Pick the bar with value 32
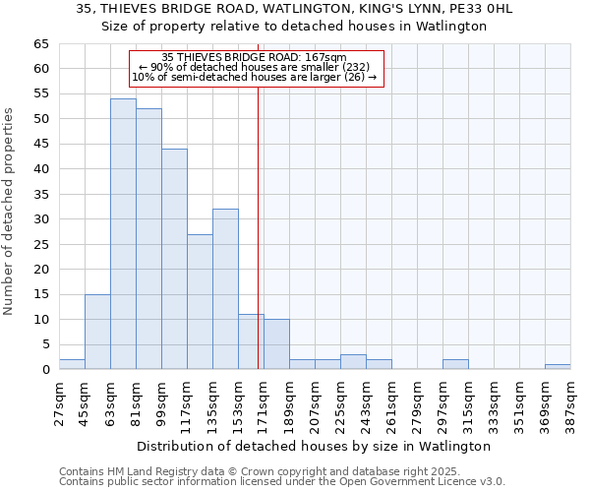point(225,289)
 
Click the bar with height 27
point(200,302)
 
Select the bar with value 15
point(97,332)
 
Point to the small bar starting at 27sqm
point(72,364)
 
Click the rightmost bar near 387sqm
point(558,366)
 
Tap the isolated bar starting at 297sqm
point(455,364)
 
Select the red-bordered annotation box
point(255,68)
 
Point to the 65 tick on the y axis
point(42,44)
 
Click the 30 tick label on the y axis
point(42,219)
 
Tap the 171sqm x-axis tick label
point(264,403)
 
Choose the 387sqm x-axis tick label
point(570,403)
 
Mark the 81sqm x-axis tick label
point(136,403)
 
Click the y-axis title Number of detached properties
point(10,212)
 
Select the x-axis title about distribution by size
point(314,446)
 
